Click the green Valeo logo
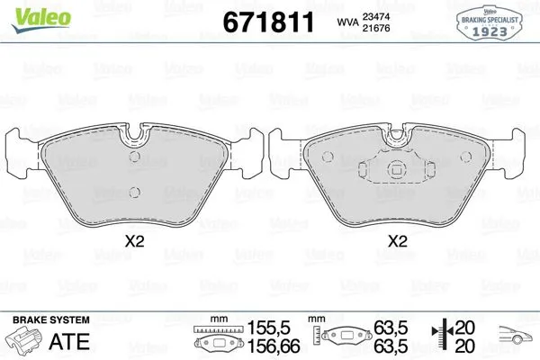pyautogui.click(x=41, y=20)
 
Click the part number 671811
pyautogui.click(x=268, y=22)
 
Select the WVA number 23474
pyautogui.click(x=375, y=16)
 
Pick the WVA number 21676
pyautogui.click(x=375, y=28)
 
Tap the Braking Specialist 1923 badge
pyautogui.click(x=490, y=22)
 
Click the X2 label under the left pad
pyautogui.click(x=134, y=241)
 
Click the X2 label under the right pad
pyautogui.click(x=398, y=241)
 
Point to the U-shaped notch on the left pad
pyautogui.click(x=135, y=135)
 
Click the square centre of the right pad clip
pyautogui.click(x=397, y=169)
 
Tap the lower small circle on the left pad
pyautogui.click(x=135, y=193)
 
